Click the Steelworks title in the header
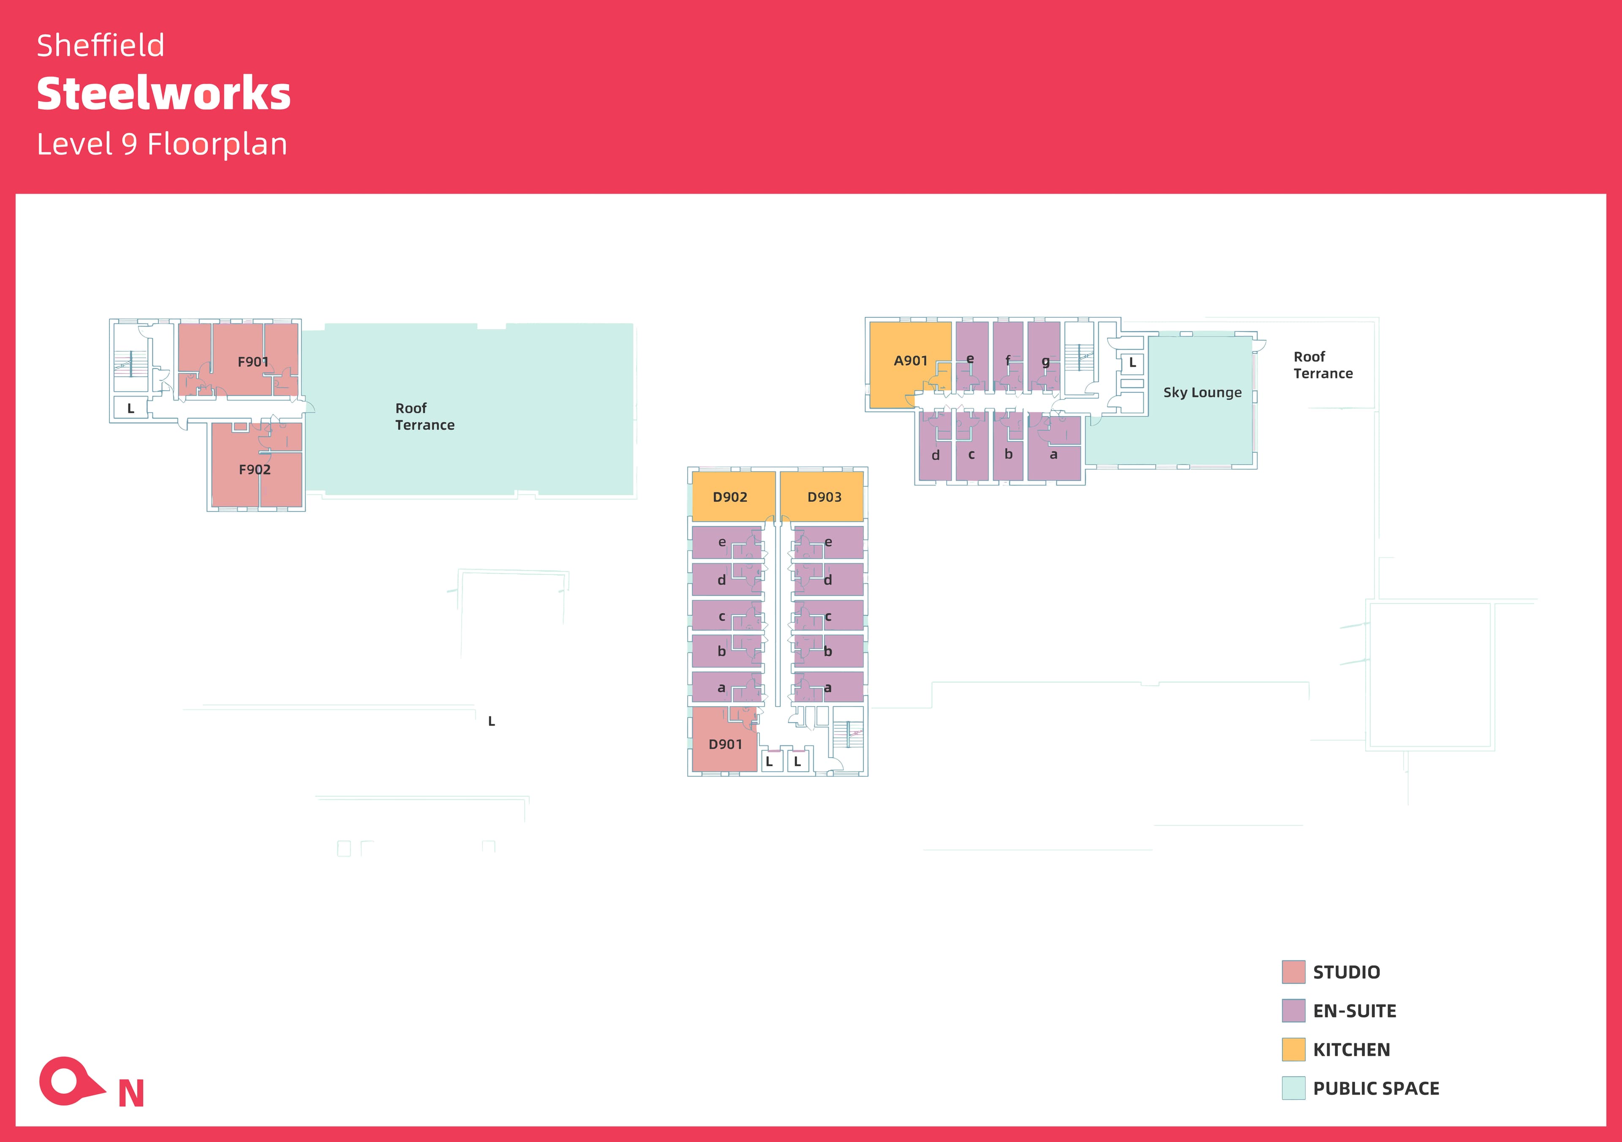(163, 94)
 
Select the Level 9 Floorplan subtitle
(162, 144)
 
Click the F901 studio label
(253, 362)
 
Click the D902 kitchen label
(730, 497)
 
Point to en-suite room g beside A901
(1045, 361)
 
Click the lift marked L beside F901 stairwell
(131, 408)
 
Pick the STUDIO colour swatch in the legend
(1293, 972)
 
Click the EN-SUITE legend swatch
(1293, 1011)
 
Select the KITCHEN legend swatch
(1293, 1050)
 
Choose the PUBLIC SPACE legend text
(1375, 1088)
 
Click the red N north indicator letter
(131, 1093)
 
